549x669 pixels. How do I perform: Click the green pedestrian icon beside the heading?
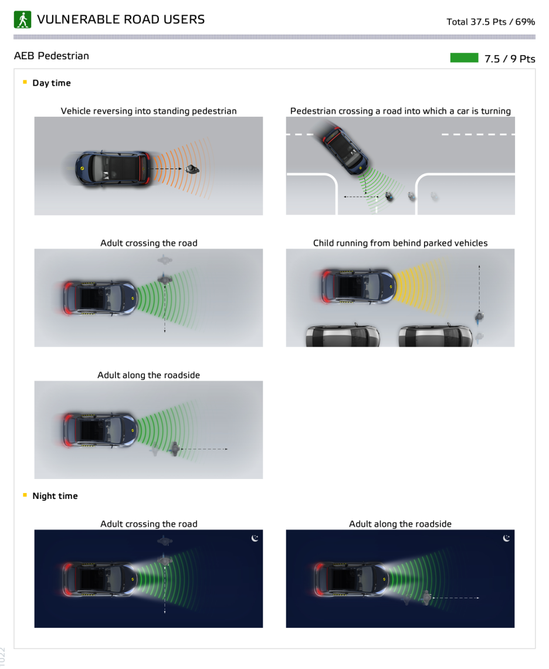(22, 19)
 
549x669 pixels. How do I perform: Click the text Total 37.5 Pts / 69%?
(490, 22)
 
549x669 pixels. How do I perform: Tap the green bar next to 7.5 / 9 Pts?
(464, 57)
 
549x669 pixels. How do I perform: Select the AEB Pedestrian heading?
(52, 56)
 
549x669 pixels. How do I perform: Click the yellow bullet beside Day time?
(25, 82)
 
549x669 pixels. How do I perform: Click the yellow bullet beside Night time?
(25, 495)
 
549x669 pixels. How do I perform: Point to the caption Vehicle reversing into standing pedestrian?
(148, 111)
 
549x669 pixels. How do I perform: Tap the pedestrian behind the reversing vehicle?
(192, 169)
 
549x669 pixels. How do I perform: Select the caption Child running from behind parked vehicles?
(400, 243)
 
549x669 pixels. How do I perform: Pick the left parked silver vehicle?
(343, 335)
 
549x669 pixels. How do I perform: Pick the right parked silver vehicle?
(435, 335)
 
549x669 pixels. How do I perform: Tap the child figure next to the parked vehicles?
(479, 317)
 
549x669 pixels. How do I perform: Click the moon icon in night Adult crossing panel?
(255, 538)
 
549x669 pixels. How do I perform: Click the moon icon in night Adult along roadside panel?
(506, 538)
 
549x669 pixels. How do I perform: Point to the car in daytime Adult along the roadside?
(100, 430)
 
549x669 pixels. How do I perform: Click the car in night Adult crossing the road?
(100, 579)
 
